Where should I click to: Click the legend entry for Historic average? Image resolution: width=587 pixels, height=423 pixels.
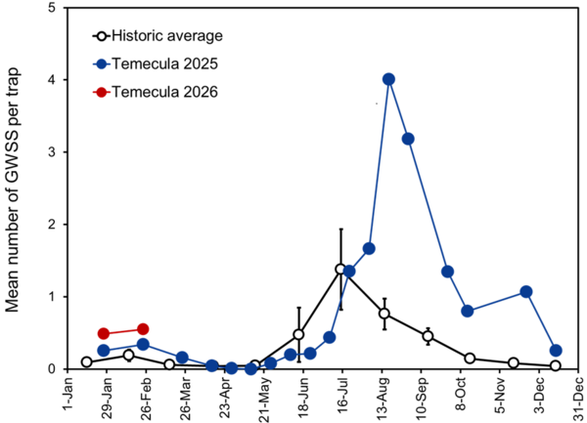click(x=167, y=36)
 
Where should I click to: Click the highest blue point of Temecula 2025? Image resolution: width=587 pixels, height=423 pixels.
click(x=388, y=79)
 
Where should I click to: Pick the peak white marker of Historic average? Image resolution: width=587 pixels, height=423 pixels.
click(x=340, y=269)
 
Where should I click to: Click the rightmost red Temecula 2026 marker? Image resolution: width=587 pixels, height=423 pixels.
click(x=143, y=329)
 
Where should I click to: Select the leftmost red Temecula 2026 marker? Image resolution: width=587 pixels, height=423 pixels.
click(x=104, y=334)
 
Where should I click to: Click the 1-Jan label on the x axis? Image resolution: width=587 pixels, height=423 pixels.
click(x=61, y=392)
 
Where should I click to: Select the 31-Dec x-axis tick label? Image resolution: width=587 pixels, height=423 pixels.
click(x=570, y=394)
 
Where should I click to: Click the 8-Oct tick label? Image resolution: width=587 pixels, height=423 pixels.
click(x=454, y=392)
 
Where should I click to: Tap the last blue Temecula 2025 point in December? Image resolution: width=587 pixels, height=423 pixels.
click(x=556, y=351)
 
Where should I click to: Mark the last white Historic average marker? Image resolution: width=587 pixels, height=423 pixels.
click(x=556, y=366)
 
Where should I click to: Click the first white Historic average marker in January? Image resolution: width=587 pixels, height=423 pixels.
click(x=87, y=361)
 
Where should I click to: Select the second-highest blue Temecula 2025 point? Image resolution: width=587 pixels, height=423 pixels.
click(x=408, y=139)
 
